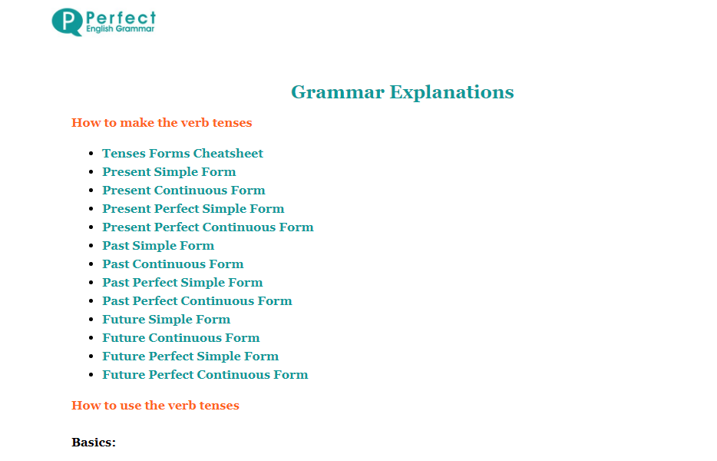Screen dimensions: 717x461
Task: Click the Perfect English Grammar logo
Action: click(x=104, y=22)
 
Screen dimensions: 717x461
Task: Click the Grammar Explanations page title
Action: click(x=402, y=92)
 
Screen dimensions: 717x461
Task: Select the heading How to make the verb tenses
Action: click(x=162, y=123)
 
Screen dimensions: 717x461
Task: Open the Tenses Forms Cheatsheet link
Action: click(x=183, y=154)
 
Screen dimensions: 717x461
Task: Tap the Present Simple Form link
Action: click(x=169, y=172)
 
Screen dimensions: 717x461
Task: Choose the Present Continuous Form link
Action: click(x=183, y=191)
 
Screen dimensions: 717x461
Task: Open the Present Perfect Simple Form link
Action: click(x=193, y=209)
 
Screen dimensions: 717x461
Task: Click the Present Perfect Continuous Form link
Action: click(x=208, y=227)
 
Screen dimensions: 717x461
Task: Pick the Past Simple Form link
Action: click(x=158, y=246)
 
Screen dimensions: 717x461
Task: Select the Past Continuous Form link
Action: click(x=173, y=264)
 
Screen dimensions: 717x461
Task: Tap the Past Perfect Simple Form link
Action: click(x=183, y=283)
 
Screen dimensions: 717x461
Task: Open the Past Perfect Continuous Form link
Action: click(x=197, y=300)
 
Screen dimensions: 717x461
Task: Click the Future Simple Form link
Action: click(x=167, y=320)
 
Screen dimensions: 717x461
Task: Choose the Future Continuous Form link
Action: click(x=181, y=338)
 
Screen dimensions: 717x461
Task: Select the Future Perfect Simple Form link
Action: click(x=190, y=357)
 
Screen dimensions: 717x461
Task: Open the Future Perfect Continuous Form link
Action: click(x=205, y=374)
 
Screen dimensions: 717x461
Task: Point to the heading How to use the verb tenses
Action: click(x=156, y=406)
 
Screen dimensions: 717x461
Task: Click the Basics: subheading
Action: click(x=94, y=443)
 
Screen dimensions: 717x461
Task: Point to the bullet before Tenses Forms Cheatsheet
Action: click(x=91, y=154)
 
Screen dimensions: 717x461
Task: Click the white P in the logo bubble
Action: click(x=68, y=21)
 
